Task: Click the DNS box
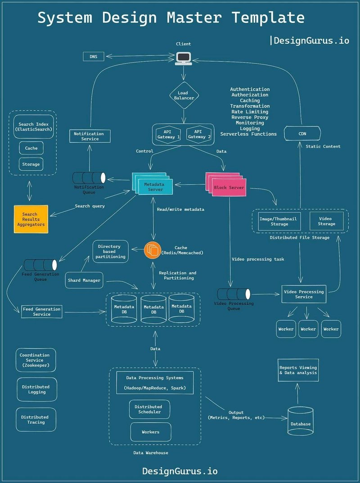[93, 57]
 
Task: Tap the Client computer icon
[183, 58]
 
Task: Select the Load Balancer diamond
[183, 95]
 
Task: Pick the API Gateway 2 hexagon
[199, 134]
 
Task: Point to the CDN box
[302, 134]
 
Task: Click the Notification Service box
[89, 136]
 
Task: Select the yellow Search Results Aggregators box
[31, 219]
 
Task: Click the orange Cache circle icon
[153, 250]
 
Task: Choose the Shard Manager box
[84, 280]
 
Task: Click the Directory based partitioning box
[110, 251]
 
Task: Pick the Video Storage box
[326, 221]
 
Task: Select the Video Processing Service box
[304, 294]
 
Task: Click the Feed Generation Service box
[42, 311]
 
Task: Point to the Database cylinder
[300, 421]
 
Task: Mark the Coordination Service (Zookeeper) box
[36, 360]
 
